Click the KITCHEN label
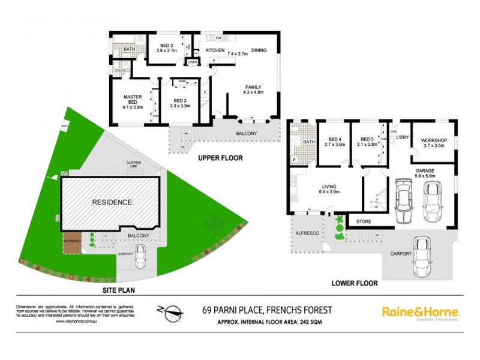coord(215,51)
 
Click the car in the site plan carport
coord(141,257)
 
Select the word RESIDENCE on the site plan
coord(111,202)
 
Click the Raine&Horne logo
coord(421,313)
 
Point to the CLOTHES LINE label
coord(134,165)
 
